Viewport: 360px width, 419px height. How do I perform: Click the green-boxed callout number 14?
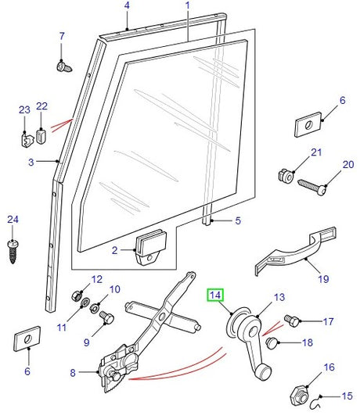(x=215, y=296)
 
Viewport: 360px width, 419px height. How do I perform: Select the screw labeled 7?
(x=64, y=67)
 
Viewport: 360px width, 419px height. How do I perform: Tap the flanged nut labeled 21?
(x=286, y=176)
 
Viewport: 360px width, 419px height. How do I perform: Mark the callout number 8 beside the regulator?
(x=74, y=374)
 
